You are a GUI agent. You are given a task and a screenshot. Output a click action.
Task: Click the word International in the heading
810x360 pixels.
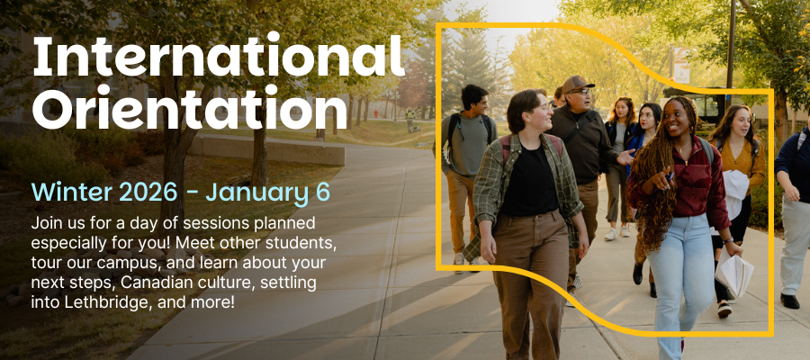point(219,56)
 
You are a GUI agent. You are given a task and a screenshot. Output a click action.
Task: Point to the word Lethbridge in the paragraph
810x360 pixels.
point(108,301)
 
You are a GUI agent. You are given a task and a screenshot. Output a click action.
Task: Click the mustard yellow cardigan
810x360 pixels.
point(739,159)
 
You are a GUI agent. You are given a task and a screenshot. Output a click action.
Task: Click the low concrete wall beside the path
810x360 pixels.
point(267,149)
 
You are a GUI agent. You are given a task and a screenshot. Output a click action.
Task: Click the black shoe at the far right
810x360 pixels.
point(790,301)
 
